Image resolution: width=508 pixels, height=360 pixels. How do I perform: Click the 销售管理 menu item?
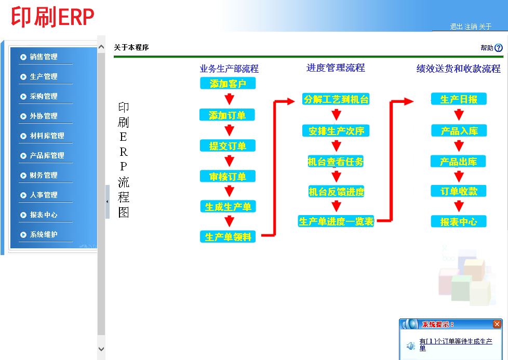[44, 57]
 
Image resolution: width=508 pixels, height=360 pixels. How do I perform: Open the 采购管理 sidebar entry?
[44, 97]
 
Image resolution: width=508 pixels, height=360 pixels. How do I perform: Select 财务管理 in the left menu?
[44, 176]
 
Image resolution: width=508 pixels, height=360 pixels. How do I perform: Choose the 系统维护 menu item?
[44, 235]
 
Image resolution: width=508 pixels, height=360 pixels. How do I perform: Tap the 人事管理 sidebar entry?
[44, 195]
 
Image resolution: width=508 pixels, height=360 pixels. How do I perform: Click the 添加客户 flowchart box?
[228, 84]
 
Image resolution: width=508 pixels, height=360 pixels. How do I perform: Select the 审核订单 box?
[228, 177]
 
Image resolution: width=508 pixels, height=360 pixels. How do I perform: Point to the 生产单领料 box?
[228, 237]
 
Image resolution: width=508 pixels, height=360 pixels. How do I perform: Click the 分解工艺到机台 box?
[336, 99]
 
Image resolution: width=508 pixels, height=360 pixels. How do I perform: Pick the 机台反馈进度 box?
[336, 192]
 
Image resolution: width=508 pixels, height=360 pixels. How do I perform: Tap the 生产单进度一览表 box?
[336, 221]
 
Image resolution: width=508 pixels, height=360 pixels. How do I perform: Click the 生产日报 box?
[459, 99]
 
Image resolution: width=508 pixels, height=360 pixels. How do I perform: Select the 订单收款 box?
[459, 191]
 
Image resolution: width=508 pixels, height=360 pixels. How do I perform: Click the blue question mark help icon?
[499, 48]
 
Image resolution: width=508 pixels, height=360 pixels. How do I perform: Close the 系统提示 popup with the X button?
[497, 324]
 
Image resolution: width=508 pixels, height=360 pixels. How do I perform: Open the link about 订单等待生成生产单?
[456, 344]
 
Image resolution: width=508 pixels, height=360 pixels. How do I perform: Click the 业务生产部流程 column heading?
[229, 69]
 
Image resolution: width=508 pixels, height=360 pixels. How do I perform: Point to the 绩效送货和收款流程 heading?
[458, 69]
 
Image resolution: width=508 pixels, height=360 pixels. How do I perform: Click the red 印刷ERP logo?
[53, 17]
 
